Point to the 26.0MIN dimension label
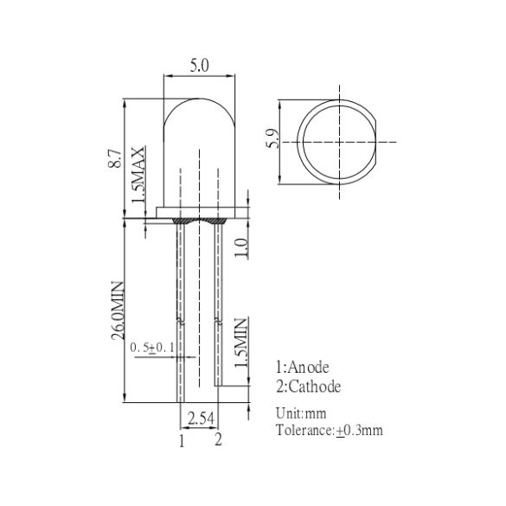118,312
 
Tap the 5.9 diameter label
273,139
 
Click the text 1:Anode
302,368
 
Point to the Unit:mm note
300,413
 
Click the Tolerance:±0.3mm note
329,430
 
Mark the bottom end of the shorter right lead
218,386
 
